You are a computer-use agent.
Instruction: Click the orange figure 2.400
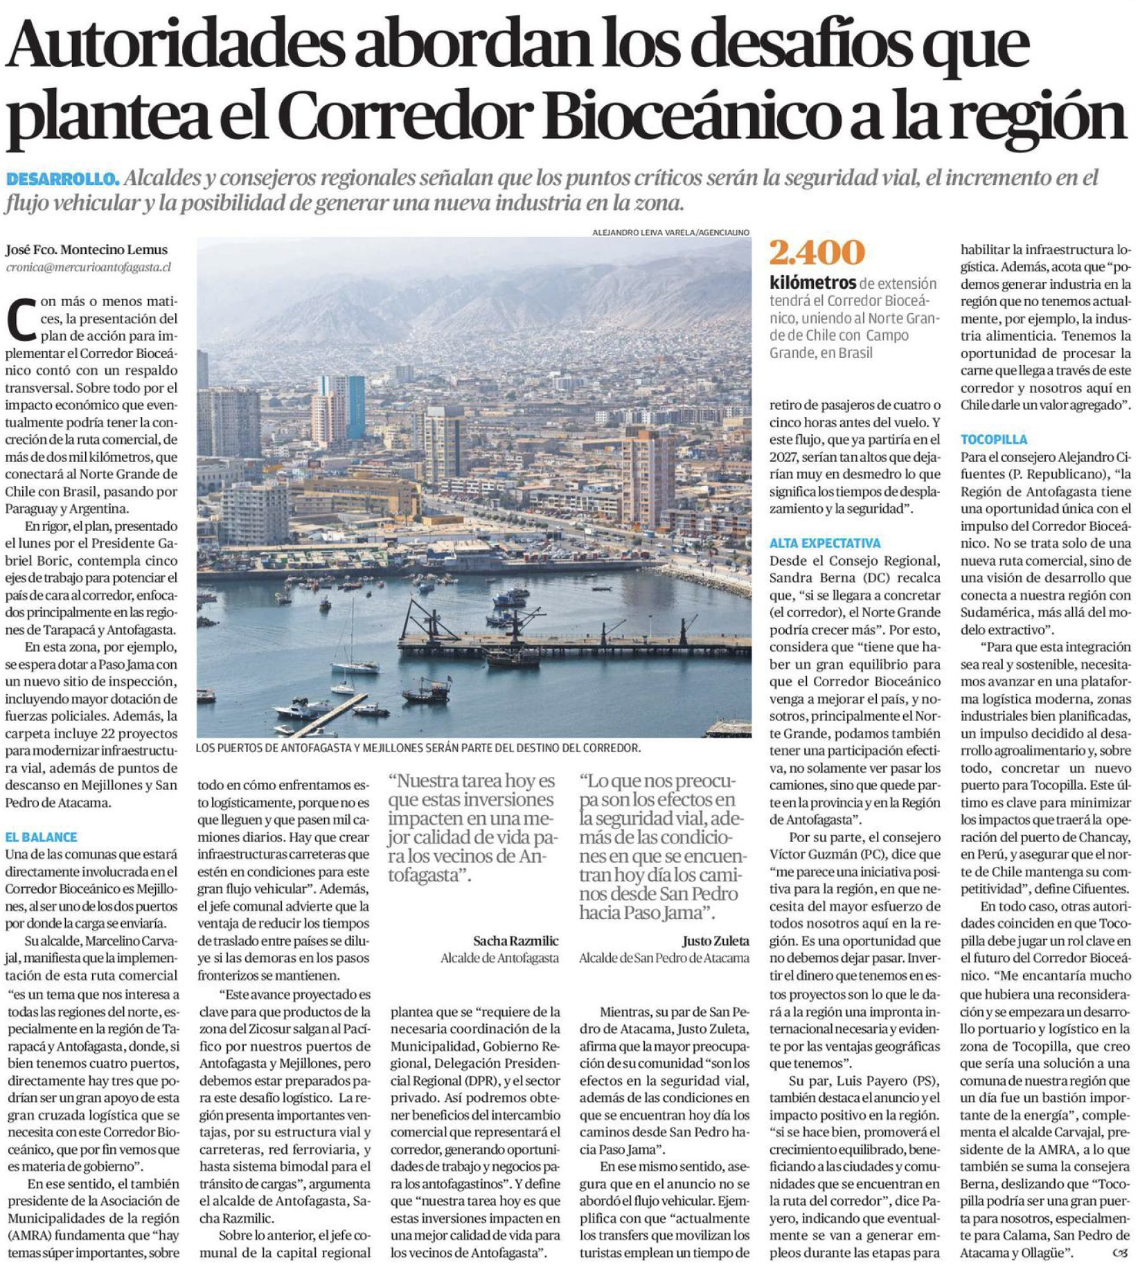[817, 253]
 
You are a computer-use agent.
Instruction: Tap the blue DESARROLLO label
[62, 179]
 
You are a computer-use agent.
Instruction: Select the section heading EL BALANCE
[41, 837]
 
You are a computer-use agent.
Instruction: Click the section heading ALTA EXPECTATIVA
[825, 543]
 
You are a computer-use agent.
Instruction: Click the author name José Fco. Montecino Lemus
[87, 250]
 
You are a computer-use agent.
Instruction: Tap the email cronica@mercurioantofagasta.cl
[89, 267]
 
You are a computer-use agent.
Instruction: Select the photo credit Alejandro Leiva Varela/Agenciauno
[670, 233]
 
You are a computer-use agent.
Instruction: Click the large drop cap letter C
[21, 320]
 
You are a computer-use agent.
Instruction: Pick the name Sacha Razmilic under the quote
[515, 940]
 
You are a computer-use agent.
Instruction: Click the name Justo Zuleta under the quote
[715, 940]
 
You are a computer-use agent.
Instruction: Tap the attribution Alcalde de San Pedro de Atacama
[664, 958]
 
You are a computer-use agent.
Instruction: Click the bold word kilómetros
[812, 283]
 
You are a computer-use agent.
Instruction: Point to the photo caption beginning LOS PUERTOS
[418, 748]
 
